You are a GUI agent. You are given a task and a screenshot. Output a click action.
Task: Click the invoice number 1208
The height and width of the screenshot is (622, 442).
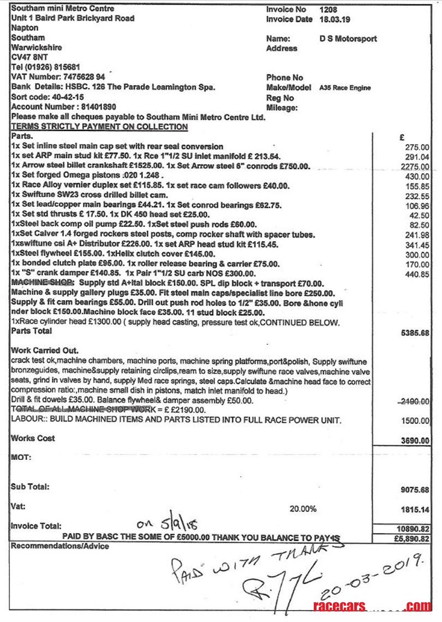click(x=328, y=9)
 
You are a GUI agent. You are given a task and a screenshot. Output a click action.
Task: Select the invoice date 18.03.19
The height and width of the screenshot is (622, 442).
click(x=336, y=19)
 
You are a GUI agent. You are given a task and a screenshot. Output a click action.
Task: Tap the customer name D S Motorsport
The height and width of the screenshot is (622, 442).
click(x=348, y=39)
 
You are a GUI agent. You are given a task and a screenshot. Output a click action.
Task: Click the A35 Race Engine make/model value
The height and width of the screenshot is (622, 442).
click(x=345, y=88)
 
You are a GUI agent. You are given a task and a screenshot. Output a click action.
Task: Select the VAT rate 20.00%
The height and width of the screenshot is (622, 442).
click(x=303, y=509)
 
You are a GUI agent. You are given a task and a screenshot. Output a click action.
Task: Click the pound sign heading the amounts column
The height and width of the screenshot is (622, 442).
click(x=402, y=137)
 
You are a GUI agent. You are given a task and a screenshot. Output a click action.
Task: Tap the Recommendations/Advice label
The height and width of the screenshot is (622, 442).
click(x=59, y=546)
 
